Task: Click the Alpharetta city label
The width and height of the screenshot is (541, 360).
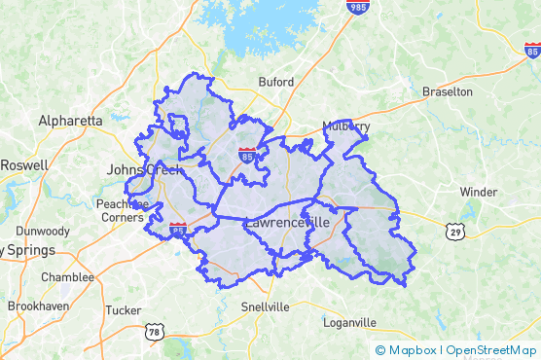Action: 70,121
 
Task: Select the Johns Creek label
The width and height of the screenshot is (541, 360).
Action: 144,170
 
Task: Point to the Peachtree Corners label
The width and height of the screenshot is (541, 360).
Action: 121,210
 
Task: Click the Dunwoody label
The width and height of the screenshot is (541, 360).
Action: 42,232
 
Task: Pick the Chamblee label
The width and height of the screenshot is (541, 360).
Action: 67,277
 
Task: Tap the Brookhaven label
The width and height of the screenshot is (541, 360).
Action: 36,306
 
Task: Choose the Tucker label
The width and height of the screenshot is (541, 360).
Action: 123,310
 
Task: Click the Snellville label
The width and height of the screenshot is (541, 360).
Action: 265,306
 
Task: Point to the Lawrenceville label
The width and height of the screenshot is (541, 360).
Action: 288,223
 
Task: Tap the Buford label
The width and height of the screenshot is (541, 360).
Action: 275,82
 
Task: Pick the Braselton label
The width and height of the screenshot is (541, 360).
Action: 447,91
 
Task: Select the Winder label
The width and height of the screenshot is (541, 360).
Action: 478,192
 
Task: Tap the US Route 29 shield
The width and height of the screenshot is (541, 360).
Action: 455,231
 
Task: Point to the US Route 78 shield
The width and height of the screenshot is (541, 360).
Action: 153,333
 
